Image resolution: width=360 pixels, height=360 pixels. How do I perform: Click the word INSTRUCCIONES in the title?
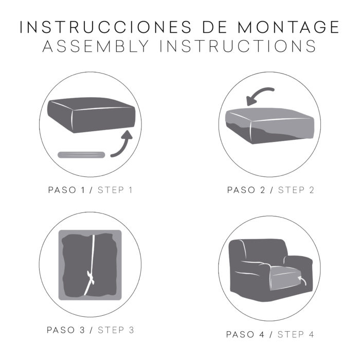pyautogui.click(x=105, y=27)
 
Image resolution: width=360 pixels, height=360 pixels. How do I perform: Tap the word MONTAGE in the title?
pyautogui.click(x=289, y=27)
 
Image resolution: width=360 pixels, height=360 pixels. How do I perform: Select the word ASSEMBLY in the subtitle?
pyautogui.click(x=96, y=46)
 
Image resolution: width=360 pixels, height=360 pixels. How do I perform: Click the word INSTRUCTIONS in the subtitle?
pyautogui.click(x=238, y=46)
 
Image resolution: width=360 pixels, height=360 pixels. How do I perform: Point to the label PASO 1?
pyautogui.click(x=66, y=190)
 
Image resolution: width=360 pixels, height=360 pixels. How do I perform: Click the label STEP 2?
pyautogui.click(x=296, y=190)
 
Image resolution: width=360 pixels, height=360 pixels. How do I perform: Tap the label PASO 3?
pyautogui.click(x=66, y=330)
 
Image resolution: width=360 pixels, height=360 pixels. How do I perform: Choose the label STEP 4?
pyautogui.click(x=296, y=334)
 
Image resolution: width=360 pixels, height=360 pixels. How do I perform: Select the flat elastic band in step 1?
pyautogui.click(x=81, y=155)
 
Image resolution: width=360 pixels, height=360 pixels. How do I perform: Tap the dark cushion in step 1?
pyautogui.click(x=92, y=115)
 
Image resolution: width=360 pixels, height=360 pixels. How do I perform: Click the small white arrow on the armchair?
pyautogui.click(x=302, y=280)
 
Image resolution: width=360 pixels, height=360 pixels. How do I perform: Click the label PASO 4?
pyautogui.click(x=245, y=334)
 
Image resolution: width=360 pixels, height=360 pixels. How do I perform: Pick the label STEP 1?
pyautogui.click(x=115, y=190)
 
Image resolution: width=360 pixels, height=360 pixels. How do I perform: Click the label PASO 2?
pyautogui.click(x=246, y=190)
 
